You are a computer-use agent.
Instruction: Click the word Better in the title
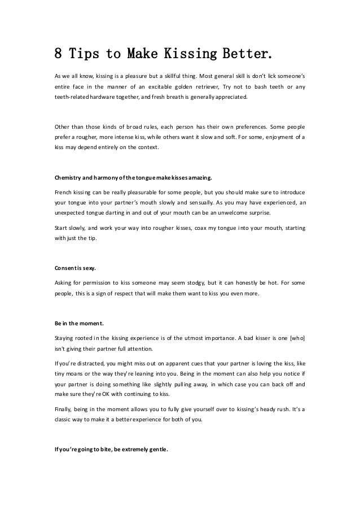click(247, 54)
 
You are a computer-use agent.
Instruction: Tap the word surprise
click(256, 213)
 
